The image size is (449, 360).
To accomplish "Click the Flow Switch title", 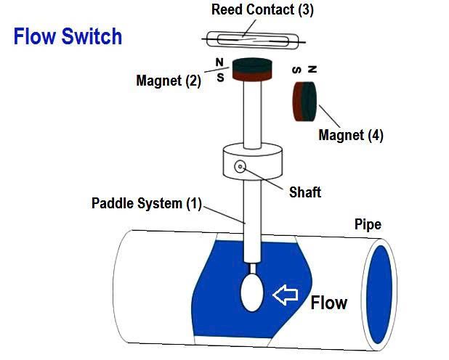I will point(68,36).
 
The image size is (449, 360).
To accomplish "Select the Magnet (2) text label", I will point(169,81).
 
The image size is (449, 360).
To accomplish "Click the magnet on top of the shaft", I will point(251,70).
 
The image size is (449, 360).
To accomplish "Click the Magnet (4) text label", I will point(351,134).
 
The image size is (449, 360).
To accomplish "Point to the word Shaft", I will point(304,192).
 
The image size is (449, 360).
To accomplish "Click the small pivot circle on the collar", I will point(240,168).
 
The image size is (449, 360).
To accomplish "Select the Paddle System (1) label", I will point(146,203).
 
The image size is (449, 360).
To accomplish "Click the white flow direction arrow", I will point(286,295).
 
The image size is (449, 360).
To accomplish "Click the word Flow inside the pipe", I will point(329,302).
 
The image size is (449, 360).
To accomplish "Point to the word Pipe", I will point(368,224).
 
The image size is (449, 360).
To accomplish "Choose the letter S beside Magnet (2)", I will point(220,77).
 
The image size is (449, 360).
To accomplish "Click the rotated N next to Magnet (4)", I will point(312,70).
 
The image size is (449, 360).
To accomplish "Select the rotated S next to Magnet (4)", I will point(297,70).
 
